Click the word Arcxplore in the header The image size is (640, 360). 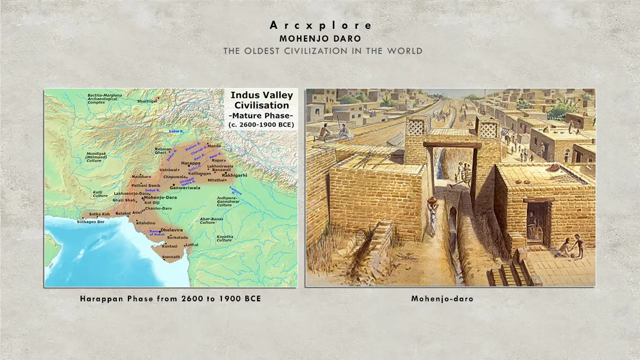point(321,25)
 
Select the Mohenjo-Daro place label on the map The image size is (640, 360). point(161,197)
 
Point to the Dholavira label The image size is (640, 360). point(172,230)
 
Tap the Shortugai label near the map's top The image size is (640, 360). point(147,100)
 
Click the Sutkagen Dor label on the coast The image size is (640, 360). point(89,221)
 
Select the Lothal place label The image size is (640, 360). point(193,244)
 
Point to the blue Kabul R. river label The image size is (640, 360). point(175,130)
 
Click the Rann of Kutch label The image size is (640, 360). point(157,233)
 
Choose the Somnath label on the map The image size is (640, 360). point(171,257)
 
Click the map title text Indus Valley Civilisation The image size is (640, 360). point(261,100)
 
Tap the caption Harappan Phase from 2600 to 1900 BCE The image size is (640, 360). point(171,299)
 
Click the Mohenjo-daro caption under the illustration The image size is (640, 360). point(442,299)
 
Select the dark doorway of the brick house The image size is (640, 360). point(535,223)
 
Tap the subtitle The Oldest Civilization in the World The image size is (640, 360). point(323,51)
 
